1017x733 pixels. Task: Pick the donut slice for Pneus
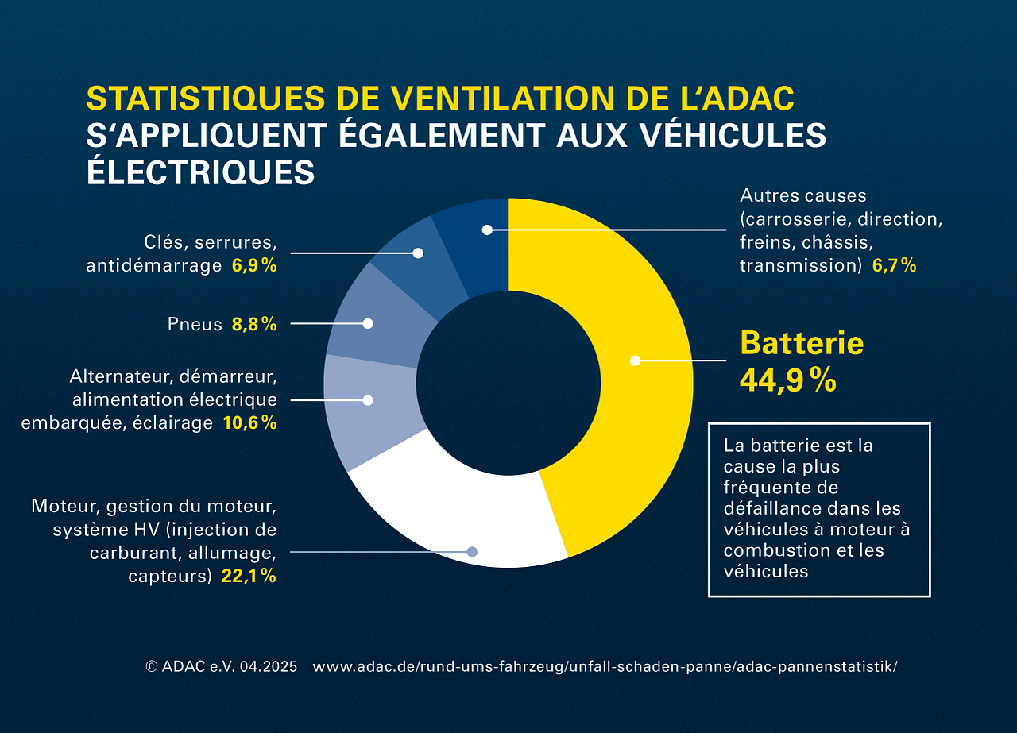click(x=373, y=318)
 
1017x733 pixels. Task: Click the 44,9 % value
click(x=787, y=380)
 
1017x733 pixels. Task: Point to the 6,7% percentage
click(x=894, y=266)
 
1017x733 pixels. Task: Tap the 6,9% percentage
click(x=254, y=266)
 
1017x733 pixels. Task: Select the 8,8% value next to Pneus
click(x=254, y=324)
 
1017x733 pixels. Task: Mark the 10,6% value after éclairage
click(x=249, y=423)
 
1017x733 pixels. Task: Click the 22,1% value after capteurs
click(x=249, y=577)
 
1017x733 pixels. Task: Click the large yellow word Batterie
click(x=801, y=343)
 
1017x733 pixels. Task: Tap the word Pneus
click(x=195, y=324)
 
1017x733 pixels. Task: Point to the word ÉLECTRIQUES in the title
click(x=200, y=172)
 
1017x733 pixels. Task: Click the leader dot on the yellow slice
click(x=635, y=361)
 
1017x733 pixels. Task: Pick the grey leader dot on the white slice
click(x=472, y=551)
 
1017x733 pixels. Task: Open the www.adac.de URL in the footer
click(x=605, y=667)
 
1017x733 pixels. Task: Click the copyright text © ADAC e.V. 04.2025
click(x=222, y=667)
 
